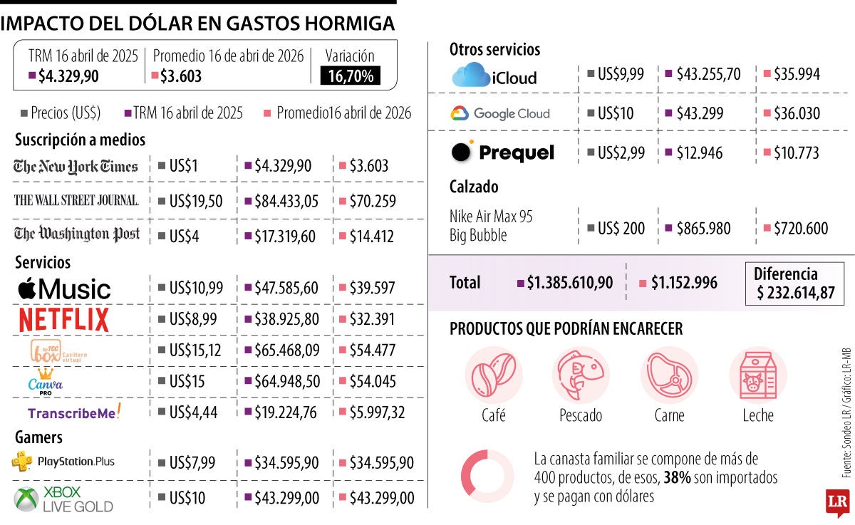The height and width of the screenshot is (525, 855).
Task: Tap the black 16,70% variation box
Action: pos(351,76)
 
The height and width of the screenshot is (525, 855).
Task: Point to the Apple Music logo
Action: pos(64,289)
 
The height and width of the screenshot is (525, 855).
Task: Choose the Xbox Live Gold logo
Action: pos(63,499)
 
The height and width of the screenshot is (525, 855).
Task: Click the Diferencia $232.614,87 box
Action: pos(794,284)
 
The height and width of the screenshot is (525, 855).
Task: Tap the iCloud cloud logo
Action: pos(470,75)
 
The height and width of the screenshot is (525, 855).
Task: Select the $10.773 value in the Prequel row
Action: pos(796,152)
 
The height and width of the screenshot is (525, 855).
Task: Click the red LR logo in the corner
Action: pos(836,503)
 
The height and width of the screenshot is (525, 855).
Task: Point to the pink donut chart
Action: pos(487,472)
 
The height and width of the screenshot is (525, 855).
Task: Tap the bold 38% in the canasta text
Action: pos(678,477)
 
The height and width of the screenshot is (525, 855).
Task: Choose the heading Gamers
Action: pos(38,437)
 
